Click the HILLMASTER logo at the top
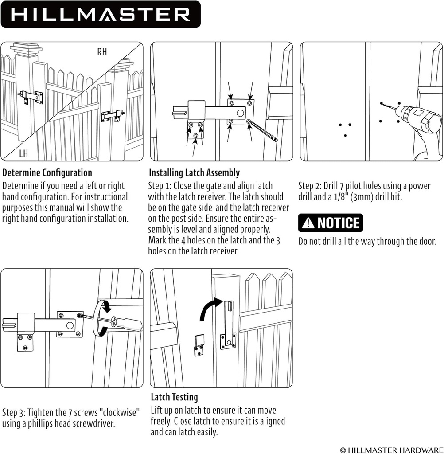coord(100,14)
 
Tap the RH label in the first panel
coord(102,52)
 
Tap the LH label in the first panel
coord(23,154)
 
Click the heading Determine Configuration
coord(47,173)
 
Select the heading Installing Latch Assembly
coord(194,173)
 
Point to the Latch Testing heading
coord(174,397)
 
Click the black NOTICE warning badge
coord(331,223)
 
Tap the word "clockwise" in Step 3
coord(115,412)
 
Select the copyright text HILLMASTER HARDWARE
coord(391,450)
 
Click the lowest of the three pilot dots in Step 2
coord(345,135)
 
